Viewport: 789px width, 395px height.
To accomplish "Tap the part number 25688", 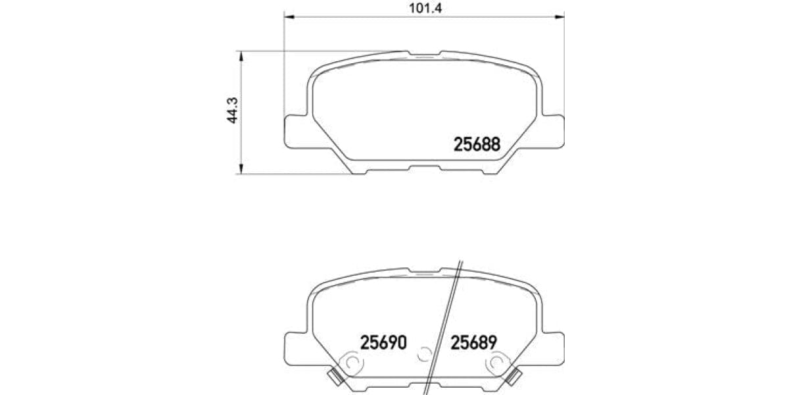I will click(477, 144).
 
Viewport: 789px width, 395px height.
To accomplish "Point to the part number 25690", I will click(384, 342).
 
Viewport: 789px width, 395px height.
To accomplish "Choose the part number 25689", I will click(473, 342).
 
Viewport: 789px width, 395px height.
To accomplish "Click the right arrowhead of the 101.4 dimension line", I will click(561, 14).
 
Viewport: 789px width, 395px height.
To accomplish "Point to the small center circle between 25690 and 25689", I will click(425, 354).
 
